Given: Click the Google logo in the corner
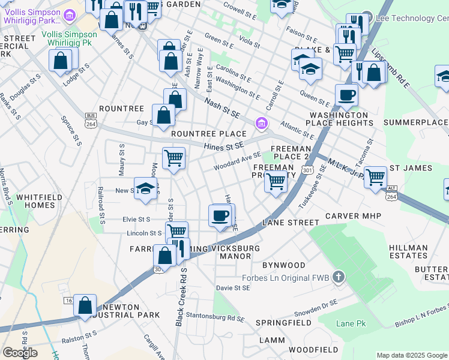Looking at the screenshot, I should (x=20, y=352).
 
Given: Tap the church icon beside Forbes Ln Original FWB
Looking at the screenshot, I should (x=339, y=277).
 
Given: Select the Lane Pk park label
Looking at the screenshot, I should (x=351, y=323).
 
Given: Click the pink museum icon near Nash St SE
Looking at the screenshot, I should (x=261, y=124).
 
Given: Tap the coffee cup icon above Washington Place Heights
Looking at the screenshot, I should (x=346, y=94).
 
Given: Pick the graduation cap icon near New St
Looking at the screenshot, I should (x=145, y=188).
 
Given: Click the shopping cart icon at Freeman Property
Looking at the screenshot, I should (x=276, y=180).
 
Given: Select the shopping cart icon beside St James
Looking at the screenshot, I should (x=375, y=176).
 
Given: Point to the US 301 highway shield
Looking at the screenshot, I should (x=308, y=171).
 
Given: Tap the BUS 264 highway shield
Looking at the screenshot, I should (x=91, y=119).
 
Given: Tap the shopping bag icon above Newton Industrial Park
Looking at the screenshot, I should (x=85, y=305).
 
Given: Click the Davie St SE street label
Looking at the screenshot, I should (x=233, y=288).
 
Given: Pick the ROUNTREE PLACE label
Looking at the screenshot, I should (x=208, y=134).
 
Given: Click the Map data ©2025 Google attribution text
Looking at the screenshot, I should (x=411, y=355).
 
